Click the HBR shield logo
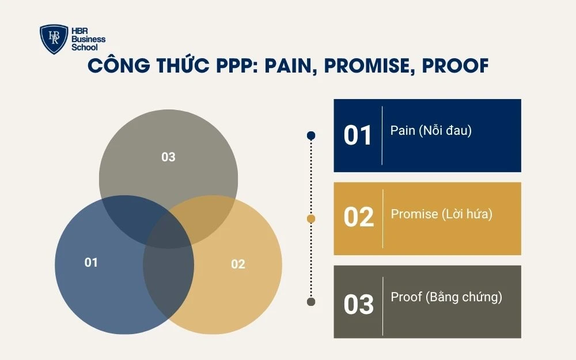coord(54,39)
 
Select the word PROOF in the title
coord(455,66)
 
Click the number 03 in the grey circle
coord(168,157)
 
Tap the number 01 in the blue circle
coord(91,263)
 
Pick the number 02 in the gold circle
coord(238,264)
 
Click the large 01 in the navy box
coord(358,135)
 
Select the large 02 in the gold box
coord(358,218)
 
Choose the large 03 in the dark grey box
coord(358,304)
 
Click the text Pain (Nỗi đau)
coord(431,131)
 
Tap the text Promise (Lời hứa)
coord(442,214)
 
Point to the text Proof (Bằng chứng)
coord(446,297)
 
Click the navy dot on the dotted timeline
coord(311,135)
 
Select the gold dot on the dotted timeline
coord(311,219)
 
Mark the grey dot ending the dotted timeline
coord(311,302)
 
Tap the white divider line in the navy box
coord(382,135)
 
